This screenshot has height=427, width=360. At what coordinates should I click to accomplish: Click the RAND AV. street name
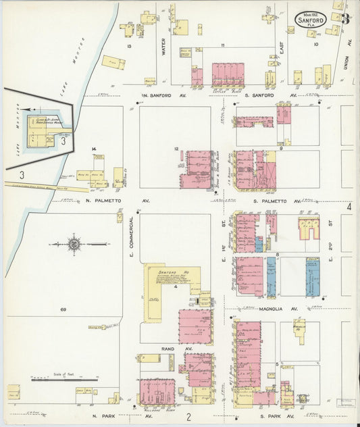168,349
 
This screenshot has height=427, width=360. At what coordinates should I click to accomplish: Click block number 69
62,309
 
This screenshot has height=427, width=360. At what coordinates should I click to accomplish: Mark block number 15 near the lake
128,46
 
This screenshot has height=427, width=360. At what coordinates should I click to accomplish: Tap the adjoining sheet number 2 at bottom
190,416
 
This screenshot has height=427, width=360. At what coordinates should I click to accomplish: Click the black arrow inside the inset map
26,108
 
